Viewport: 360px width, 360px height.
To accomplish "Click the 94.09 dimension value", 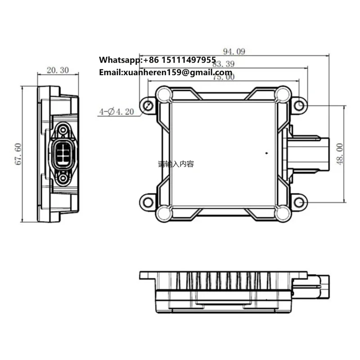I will (x=234, y=52).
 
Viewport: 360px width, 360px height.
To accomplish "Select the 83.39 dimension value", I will (x=223, y=64).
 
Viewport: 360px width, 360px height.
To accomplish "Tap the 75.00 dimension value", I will (x=224, y=77).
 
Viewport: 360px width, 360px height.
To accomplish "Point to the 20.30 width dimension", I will (x=58, y=70).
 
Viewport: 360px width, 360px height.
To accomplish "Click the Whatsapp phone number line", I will (x=157, y=60).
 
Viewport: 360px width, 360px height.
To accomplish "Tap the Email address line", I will (x=165, y=72).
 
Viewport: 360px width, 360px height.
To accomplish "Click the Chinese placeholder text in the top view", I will (x=176, y=164).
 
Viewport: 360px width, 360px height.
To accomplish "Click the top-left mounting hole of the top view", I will (x=148, y=106).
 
